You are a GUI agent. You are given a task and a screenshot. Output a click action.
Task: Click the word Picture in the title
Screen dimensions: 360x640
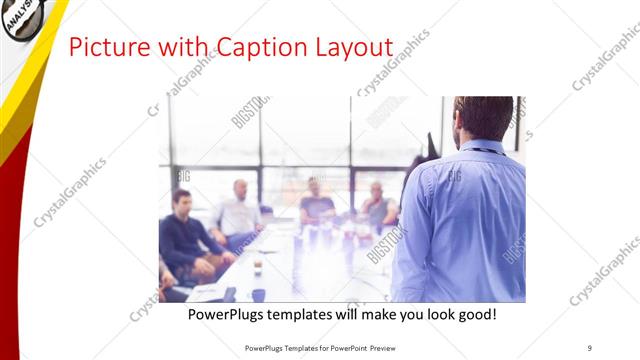pyautogui.click(x=103, y=47)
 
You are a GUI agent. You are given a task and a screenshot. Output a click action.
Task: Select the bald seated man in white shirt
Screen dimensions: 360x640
pyautogui.click(x=238, y=211)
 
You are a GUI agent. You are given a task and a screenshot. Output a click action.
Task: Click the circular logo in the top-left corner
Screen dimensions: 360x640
pyautogui.click(x=21, y=17)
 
